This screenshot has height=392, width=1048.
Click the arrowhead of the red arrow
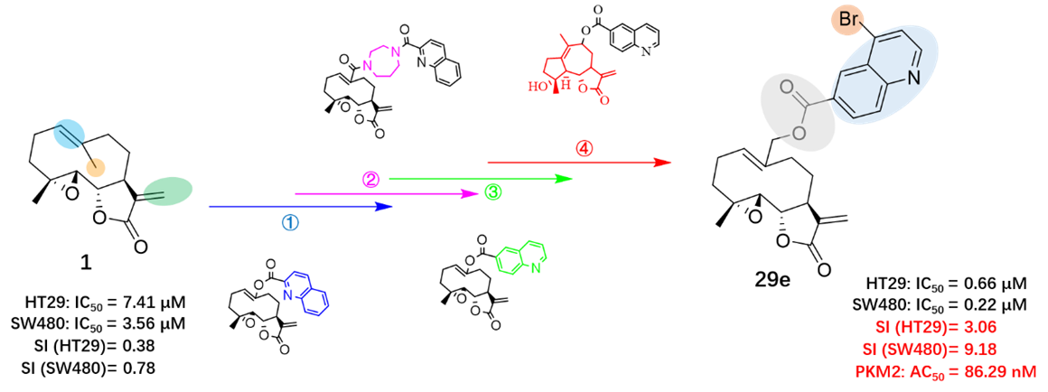(x=661, y=162)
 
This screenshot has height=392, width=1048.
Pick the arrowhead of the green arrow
(x=565, y=179)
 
